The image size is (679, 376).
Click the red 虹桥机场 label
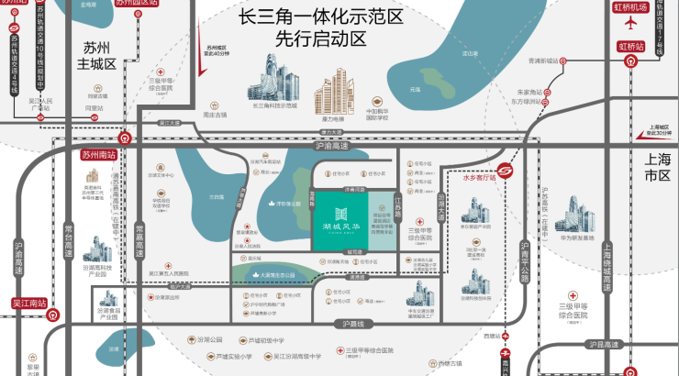tap(631, 7)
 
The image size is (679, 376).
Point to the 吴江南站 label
tap(28, 302)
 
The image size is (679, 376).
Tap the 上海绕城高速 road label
tap(607, 260)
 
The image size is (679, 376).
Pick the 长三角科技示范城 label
tap(274, 105)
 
